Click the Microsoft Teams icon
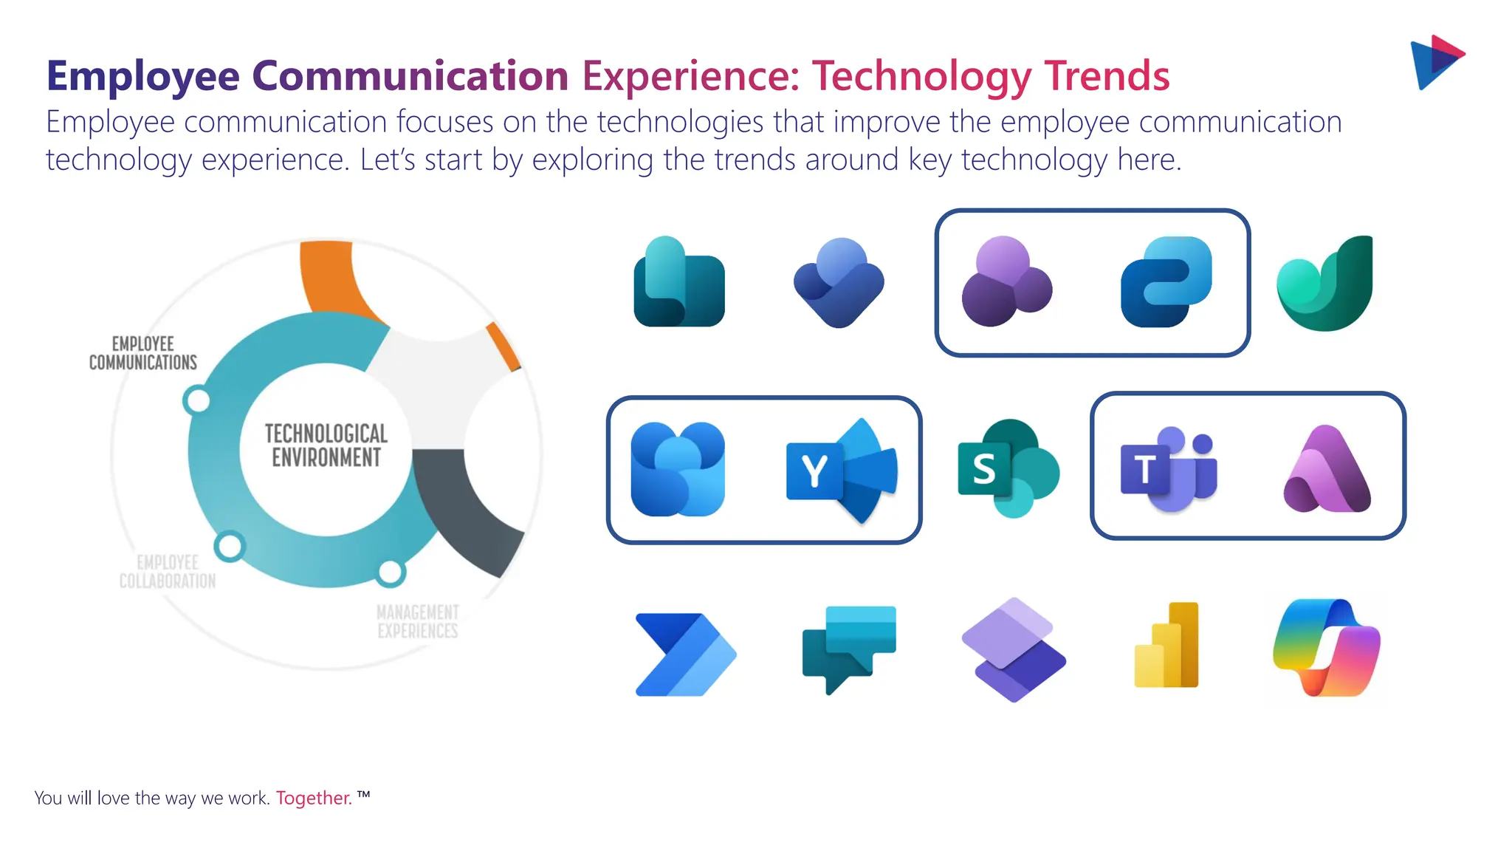1168,469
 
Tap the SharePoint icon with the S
1008,469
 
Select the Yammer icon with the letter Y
842,471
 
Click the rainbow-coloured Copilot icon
1327,649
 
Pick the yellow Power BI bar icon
1166,646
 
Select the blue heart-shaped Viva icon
839,283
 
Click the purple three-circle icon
1006,282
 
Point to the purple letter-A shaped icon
1327,471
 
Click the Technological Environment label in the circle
326,445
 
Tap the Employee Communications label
143,353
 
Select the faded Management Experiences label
418,621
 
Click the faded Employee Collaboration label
168,572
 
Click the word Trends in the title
1107,76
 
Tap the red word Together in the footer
314,799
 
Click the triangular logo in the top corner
1436,62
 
